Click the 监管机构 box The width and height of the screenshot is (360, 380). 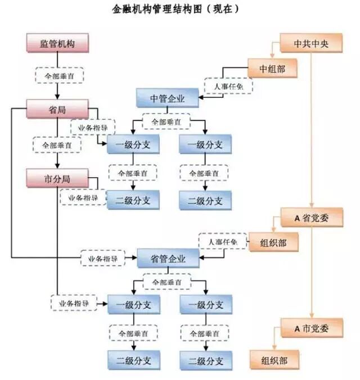(x=58, y=43)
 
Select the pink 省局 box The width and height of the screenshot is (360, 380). (x=58, y=108)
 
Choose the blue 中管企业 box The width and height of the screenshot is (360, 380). (x=168, y=99)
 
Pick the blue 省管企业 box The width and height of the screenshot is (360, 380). (x=168, y=259)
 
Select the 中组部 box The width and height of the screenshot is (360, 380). (x=272, y=69)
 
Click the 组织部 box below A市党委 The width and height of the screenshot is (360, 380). (x=272, y=359)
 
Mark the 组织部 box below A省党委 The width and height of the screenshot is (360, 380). (x=272, y=241)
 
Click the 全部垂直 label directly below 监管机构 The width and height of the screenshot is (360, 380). (x=58, y=75)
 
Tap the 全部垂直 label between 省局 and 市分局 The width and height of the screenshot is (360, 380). (x=57, y=144)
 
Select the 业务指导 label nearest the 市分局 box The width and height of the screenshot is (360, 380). (x=83, y=198)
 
